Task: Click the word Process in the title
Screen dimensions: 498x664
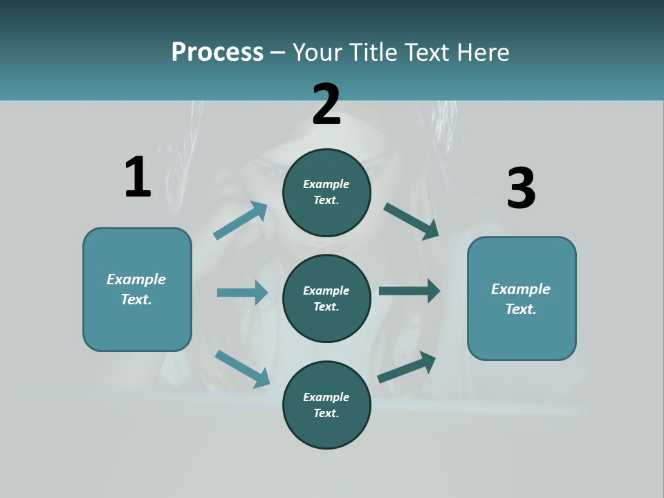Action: pos(217,52)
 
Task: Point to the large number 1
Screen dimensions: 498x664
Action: pos(138,177)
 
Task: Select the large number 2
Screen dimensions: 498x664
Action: pos(326,104)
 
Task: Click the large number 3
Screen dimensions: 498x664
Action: pos(521,189)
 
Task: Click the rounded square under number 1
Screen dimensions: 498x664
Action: pos(137,289)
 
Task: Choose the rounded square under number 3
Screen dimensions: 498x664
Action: pos(522,298)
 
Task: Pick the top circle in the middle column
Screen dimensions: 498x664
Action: pos(326,192)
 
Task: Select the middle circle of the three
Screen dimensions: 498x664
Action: pos(326,298)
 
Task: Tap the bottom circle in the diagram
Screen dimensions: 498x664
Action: pos(326,405)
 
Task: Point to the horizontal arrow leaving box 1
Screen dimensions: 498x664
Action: pos(242,293)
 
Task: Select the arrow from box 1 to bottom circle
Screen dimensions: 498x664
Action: pos(242,368)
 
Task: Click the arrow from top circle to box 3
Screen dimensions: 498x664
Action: pos(412,221)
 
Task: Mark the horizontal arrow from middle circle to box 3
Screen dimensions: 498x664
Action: pos(409,290)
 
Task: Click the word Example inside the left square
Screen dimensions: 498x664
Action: pos(136,279)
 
